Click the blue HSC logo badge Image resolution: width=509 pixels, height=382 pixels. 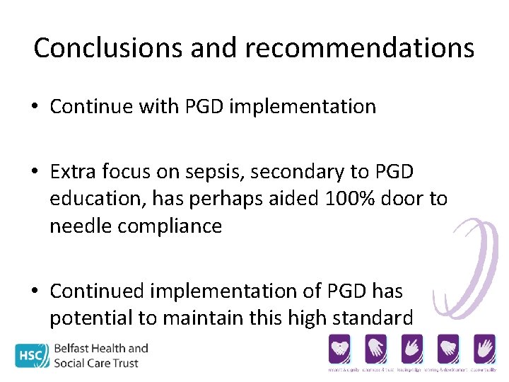point(33,355)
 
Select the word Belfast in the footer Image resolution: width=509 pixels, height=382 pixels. point(79,348)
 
